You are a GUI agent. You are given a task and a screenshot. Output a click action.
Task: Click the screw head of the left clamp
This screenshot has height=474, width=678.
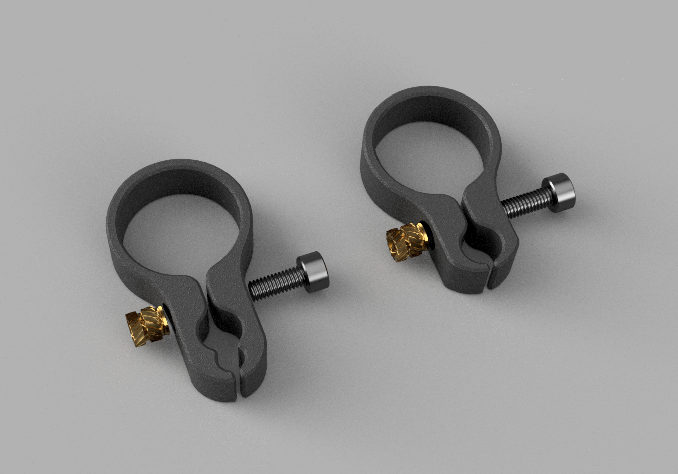pos(314,272)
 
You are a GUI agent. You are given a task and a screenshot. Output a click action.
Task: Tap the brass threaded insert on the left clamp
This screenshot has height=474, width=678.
pos(145,323)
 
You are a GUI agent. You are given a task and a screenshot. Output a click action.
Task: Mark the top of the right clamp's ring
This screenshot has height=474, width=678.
pos(428,93)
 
